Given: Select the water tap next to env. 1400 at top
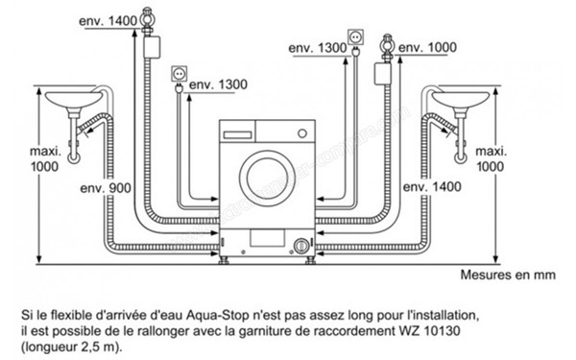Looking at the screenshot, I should click(147, 19).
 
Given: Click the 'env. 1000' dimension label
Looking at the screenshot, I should click(429, 46).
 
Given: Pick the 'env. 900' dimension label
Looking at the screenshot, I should click(106, 188).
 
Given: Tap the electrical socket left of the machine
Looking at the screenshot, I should click(178, 74).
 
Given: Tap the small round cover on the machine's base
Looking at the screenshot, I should click(302, 245).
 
